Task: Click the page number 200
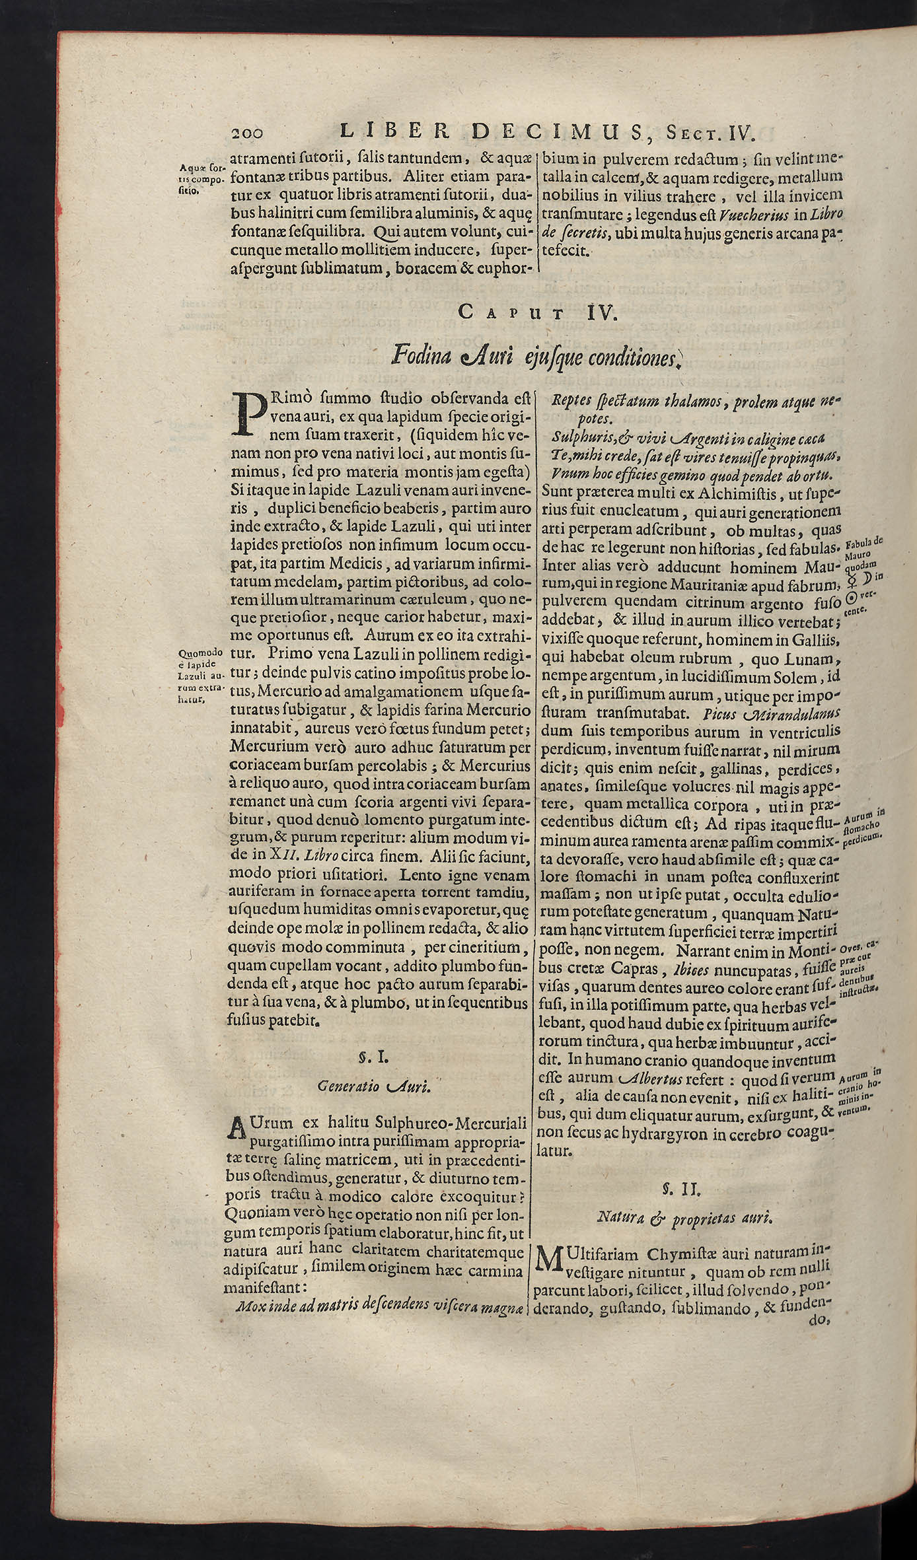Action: (248, 133)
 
